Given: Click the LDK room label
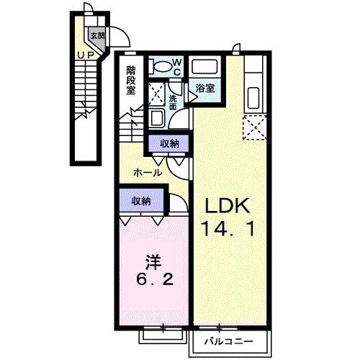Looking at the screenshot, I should pyautogui.click(x=225, y=207).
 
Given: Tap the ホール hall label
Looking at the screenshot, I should pyautogui.click(x=147, y=173).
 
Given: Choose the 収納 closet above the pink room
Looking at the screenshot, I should pyautogui.click(x=140, y=201).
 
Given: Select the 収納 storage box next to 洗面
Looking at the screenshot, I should pyautogui.click(x=171, y=144).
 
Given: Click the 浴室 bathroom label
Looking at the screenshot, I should pyautogui.click(x=204, y=88).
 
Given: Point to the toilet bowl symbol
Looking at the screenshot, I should pyautogui.click(x=161, y=66).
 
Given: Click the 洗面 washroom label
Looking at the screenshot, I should pyautogui.click(x=173, y=102).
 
